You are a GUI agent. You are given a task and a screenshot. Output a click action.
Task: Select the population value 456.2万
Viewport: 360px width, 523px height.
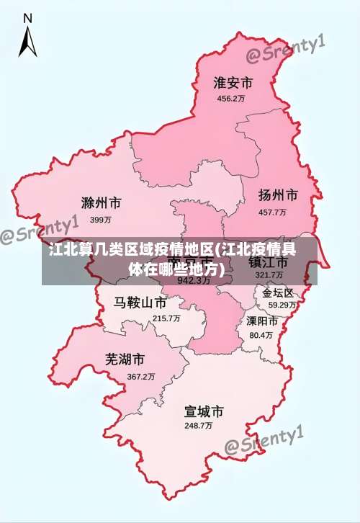pyautogui.click(x=231, y=99)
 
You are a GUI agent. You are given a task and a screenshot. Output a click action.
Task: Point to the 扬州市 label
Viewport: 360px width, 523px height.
pyautogui.click(x=278, y=195)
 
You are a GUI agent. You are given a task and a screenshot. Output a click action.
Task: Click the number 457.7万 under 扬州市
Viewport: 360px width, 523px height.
pyautogui.click(x=272, y=213)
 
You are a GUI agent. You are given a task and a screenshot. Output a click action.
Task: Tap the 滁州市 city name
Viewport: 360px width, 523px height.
pyautogui.click(x=101, y=202)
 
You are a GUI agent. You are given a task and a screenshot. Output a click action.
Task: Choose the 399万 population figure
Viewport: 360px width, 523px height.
pyautogui.click(x=101, y=219)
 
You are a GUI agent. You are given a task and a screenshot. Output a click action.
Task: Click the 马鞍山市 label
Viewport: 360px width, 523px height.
pyautogui.click(x=140, y=302)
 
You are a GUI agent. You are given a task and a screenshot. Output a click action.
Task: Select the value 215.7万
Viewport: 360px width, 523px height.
pyautogui.click(x=166, y=318)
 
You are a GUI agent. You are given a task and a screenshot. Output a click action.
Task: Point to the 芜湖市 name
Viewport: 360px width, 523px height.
pyautogui.click(x=125, y=359)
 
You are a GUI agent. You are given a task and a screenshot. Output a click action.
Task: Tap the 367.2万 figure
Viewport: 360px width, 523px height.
pyautogui.click(x=141, y=377)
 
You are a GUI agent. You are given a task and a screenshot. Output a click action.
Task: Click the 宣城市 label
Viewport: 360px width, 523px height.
pyautogui.click(x=204, y=411)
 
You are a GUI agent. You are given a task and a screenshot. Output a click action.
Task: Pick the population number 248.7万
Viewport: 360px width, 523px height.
pyautogui.click(x=198, y=426)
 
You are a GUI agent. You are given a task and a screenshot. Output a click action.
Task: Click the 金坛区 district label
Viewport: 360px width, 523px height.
pyautogui.click(x=278, y=293)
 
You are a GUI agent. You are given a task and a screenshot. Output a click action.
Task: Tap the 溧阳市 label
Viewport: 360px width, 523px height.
pyautogui.click(x=262, y=321)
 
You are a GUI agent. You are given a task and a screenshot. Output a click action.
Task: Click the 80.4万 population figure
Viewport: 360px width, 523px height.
pyautogui.click(x=261, y=335)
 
